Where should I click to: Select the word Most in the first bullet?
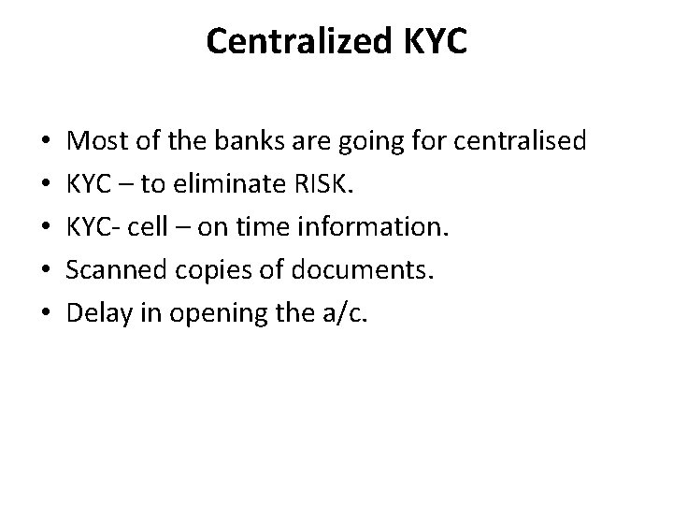coord(97,141)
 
